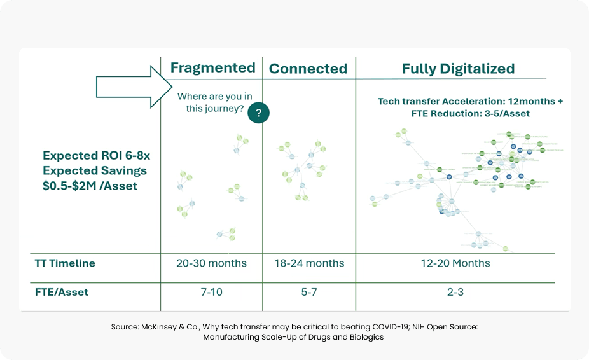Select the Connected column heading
pos(308,69)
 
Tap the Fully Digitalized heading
pos(458,69)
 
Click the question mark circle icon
pos(258,113)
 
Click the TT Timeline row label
pos(64,263)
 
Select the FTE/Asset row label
pos(61,292)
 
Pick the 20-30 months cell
pos(212,263)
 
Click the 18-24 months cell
pos(308,263)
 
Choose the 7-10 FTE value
pos(212,292)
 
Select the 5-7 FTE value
pos(308,292)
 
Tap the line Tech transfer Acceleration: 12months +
pos(470,101)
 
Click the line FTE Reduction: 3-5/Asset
pos(470,113)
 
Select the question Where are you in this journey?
pos(214,102)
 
